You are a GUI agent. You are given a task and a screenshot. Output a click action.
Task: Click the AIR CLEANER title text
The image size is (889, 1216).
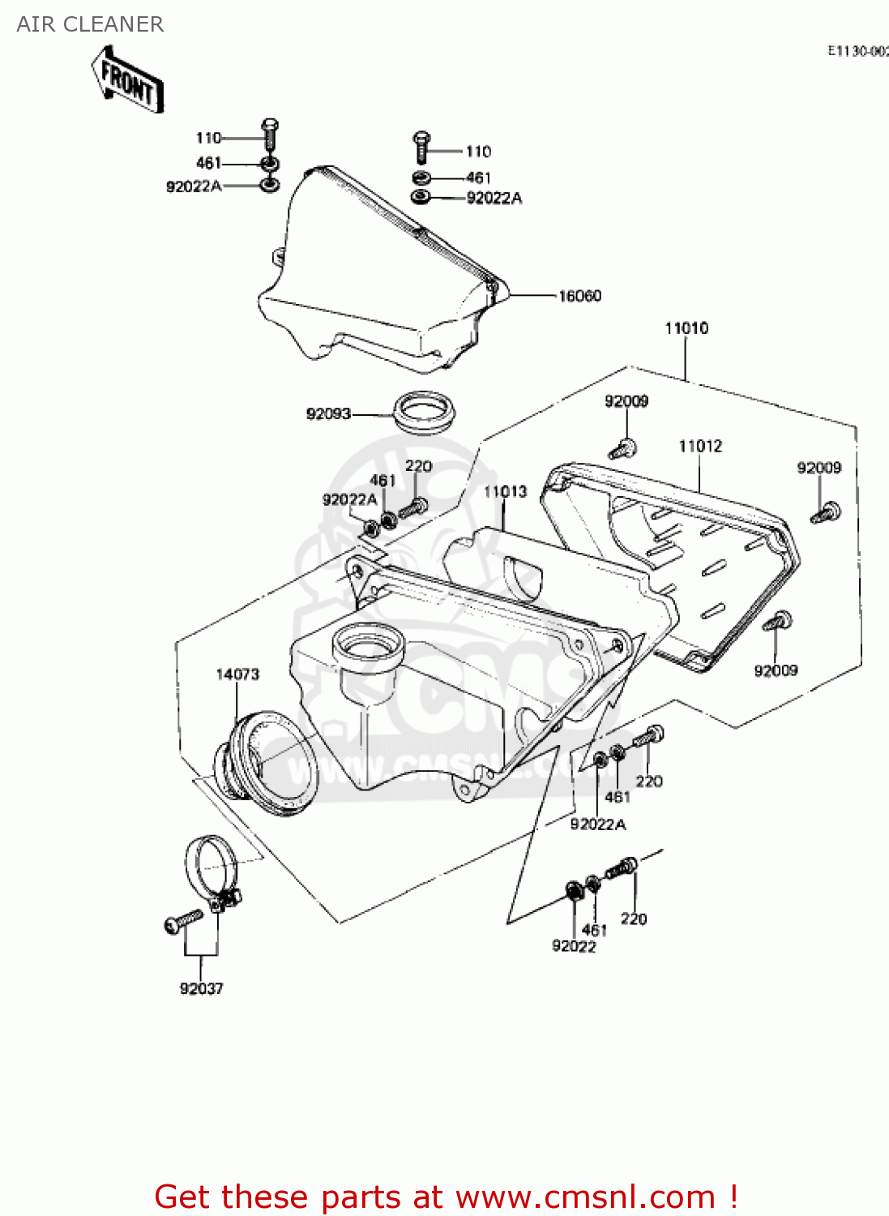point(90,24)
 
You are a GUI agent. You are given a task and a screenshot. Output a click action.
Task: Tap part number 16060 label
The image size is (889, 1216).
point(579,296)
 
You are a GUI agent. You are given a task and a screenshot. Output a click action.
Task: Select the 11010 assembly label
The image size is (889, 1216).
point(686,328)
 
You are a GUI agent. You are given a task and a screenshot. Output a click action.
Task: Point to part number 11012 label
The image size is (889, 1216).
point(700,446)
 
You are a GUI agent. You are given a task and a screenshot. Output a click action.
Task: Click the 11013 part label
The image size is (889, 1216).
point(505,491)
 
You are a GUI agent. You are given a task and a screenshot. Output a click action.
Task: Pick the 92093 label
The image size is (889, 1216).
point(328,413)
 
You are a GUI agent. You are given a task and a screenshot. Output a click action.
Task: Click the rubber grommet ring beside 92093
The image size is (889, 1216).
point(423,411)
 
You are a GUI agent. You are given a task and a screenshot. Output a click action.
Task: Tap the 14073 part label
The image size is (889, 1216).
point(237,674)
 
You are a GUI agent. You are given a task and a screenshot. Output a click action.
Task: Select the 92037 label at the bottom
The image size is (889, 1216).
point(201,988)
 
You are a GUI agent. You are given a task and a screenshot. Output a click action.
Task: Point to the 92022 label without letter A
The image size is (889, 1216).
point(574,946)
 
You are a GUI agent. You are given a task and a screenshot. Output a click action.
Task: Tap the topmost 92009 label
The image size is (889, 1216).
point(626,400)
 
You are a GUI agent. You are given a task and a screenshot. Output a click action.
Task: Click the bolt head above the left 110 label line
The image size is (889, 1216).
point(271,127)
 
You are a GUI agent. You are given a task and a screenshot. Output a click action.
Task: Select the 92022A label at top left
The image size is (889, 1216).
point(194,186)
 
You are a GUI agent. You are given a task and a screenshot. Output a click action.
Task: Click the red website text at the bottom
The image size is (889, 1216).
point(445,1197)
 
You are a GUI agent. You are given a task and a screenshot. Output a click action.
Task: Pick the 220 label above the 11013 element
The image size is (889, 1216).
point(418,466)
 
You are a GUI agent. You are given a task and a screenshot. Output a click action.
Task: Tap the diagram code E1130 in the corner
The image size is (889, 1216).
point(857,50)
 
